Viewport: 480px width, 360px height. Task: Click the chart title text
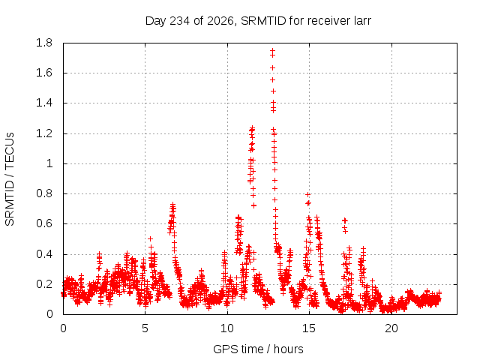[x=258, y=21]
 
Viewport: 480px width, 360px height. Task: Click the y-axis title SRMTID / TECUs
[x=10, y=179]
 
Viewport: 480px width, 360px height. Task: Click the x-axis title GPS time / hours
[x=258, y=349]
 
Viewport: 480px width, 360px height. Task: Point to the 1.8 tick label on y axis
[x=44, y=43]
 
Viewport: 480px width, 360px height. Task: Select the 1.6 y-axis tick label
[x=44, y=73]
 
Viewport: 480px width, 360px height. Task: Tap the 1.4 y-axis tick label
[x=44, y=103]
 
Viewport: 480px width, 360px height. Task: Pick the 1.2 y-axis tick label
[x=44, y=133]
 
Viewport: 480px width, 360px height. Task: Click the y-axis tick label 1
[x=49, y=163]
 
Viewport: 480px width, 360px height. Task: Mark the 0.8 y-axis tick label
[x=44, y=193]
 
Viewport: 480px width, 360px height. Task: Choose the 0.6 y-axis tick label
[x=44, y=223]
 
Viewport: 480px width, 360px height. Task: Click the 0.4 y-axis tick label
[x=44, y=254]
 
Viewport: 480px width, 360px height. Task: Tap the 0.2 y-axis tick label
[x=44, y=284]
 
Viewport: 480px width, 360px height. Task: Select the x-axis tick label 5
[x=145, y=328]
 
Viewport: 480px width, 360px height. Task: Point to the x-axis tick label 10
[x=227, y=328]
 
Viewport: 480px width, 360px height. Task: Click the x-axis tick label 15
[x=309, y=328]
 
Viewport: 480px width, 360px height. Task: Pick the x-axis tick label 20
[x=391, y=328]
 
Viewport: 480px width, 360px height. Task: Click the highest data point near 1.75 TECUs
[x=272, y=50]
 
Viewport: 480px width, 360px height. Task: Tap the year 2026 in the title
[x=220, y=21]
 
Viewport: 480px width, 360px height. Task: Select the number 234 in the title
[x=180, y=21]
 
